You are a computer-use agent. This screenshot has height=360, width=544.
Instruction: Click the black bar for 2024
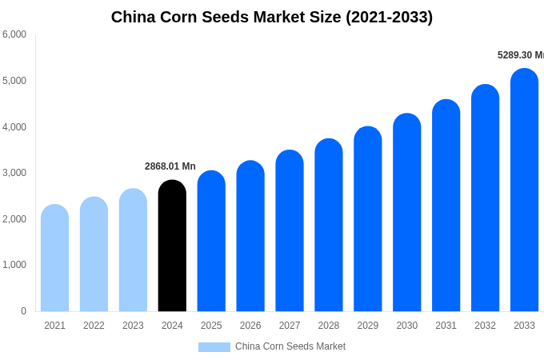pyautogui.click(x=172, y=246)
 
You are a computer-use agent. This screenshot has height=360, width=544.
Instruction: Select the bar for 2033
pyautogui.click(x=524, y=190)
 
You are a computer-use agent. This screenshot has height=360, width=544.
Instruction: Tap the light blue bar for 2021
pyautogui.click(x=54, y=258)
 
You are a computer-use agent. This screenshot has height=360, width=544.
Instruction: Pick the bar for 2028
pyautogui.click(x=329, y=225)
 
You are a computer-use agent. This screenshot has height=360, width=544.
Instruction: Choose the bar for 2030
pyautogui.click(x=406, y=213)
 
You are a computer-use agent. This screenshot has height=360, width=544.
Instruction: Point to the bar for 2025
pyautogui.click(x=211, y=241)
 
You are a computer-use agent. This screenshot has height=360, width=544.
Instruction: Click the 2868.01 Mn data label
pyautogui.click(x=170, y=166)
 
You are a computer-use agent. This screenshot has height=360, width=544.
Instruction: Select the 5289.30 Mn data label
pyautogui.click(x=520, y=55)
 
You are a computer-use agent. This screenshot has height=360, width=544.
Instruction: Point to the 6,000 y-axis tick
pyautogui.click(x=14, y=34)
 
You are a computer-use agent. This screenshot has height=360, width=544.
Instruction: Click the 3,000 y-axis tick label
pyautogui.click(x=14, y=173)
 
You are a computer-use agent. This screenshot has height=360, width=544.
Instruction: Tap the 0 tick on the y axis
pyautogui.click(x=23, y=311)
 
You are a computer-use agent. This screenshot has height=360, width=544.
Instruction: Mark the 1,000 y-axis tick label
pyautogui.click(x=14, y=265)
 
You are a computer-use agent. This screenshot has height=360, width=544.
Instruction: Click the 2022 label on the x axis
pyautogui.click(x=94, y=326)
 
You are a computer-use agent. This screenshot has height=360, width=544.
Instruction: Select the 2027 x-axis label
pyautogui.click(x=290, y=326)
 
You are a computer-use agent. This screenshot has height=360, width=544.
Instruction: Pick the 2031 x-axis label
pyautogui.click(x=446, y=326)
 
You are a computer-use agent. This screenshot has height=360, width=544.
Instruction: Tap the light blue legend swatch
pyautogui.click(x=214, y=347)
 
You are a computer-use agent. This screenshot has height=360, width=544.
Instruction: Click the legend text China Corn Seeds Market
pyautogui.click(x=290, y=346)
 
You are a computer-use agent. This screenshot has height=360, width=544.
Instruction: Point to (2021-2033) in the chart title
pyautogui.click(x=389, y=17)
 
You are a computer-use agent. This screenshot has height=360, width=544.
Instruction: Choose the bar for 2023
pyautogui.click(x=133, y=250)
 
